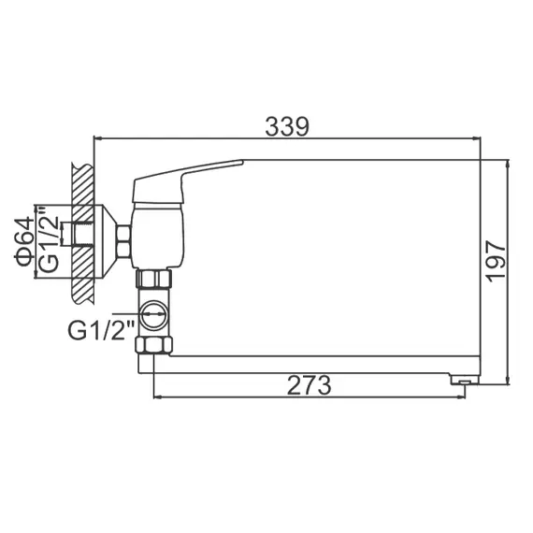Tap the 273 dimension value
(311, 383)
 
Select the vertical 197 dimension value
(497, 259)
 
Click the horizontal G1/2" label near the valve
(100, 328)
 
